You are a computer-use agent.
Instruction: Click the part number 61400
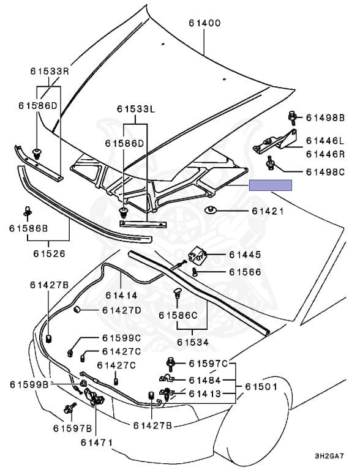[204, 23]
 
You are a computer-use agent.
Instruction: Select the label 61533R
[50, 71]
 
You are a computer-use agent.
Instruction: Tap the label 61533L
[136, 109]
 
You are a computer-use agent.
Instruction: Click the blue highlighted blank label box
[270, 185]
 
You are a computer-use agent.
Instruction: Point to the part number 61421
[268, 211]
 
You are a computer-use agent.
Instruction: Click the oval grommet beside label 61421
[211, 210]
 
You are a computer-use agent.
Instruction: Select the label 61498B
[326, 117]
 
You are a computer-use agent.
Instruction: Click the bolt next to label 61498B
[291, 117]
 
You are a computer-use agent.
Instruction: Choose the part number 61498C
[326, 172]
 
